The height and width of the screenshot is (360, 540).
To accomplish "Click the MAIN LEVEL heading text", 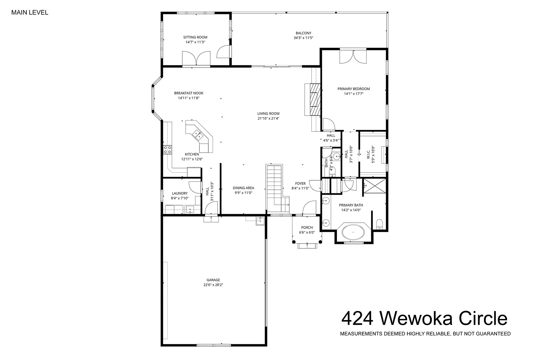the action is pyautogui.click(x=30, y=13).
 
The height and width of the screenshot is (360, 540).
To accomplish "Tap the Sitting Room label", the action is pyautogui.click(x=195, y=37).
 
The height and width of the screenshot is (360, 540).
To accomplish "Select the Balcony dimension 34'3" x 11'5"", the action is pyautogui.click(x=303, y=38).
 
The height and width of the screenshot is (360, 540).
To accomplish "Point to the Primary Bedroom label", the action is pyautogui.click(x=354, y=89).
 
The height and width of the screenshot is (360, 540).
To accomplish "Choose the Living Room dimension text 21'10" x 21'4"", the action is pyautogui.click(x=268, y=118).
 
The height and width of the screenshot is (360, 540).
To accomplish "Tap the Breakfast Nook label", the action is pyautogui.click(x=189, y=93).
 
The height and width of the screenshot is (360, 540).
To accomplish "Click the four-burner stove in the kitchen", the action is pyautogui.click(x=167, y=149).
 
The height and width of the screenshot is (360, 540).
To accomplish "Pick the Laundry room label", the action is pyautogui.click(x=180, y=193).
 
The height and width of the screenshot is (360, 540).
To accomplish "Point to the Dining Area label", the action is pyautogui.click(x=243, y=188).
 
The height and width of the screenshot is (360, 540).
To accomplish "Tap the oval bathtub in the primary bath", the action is pyautogui.click(x=353, y=232).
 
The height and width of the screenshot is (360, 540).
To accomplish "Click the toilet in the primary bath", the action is pyautogui.click(x=379, y=224).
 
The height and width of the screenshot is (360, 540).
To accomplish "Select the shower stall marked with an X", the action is pyautogui.click(x=375, y=186).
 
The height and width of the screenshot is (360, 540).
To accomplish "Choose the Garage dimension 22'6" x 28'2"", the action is pyautogui.click(x=213, y=285).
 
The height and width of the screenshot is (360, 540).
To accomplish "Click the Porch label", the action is pyautogui.click(x=307, y=227).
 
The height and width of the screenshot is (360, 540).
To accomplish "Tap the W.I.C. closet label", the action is pyautogui.click(x=368, y=155).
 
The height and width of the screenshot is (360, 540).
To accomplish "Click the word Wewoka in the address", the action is pyautogui.click(x=416, y=319).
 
